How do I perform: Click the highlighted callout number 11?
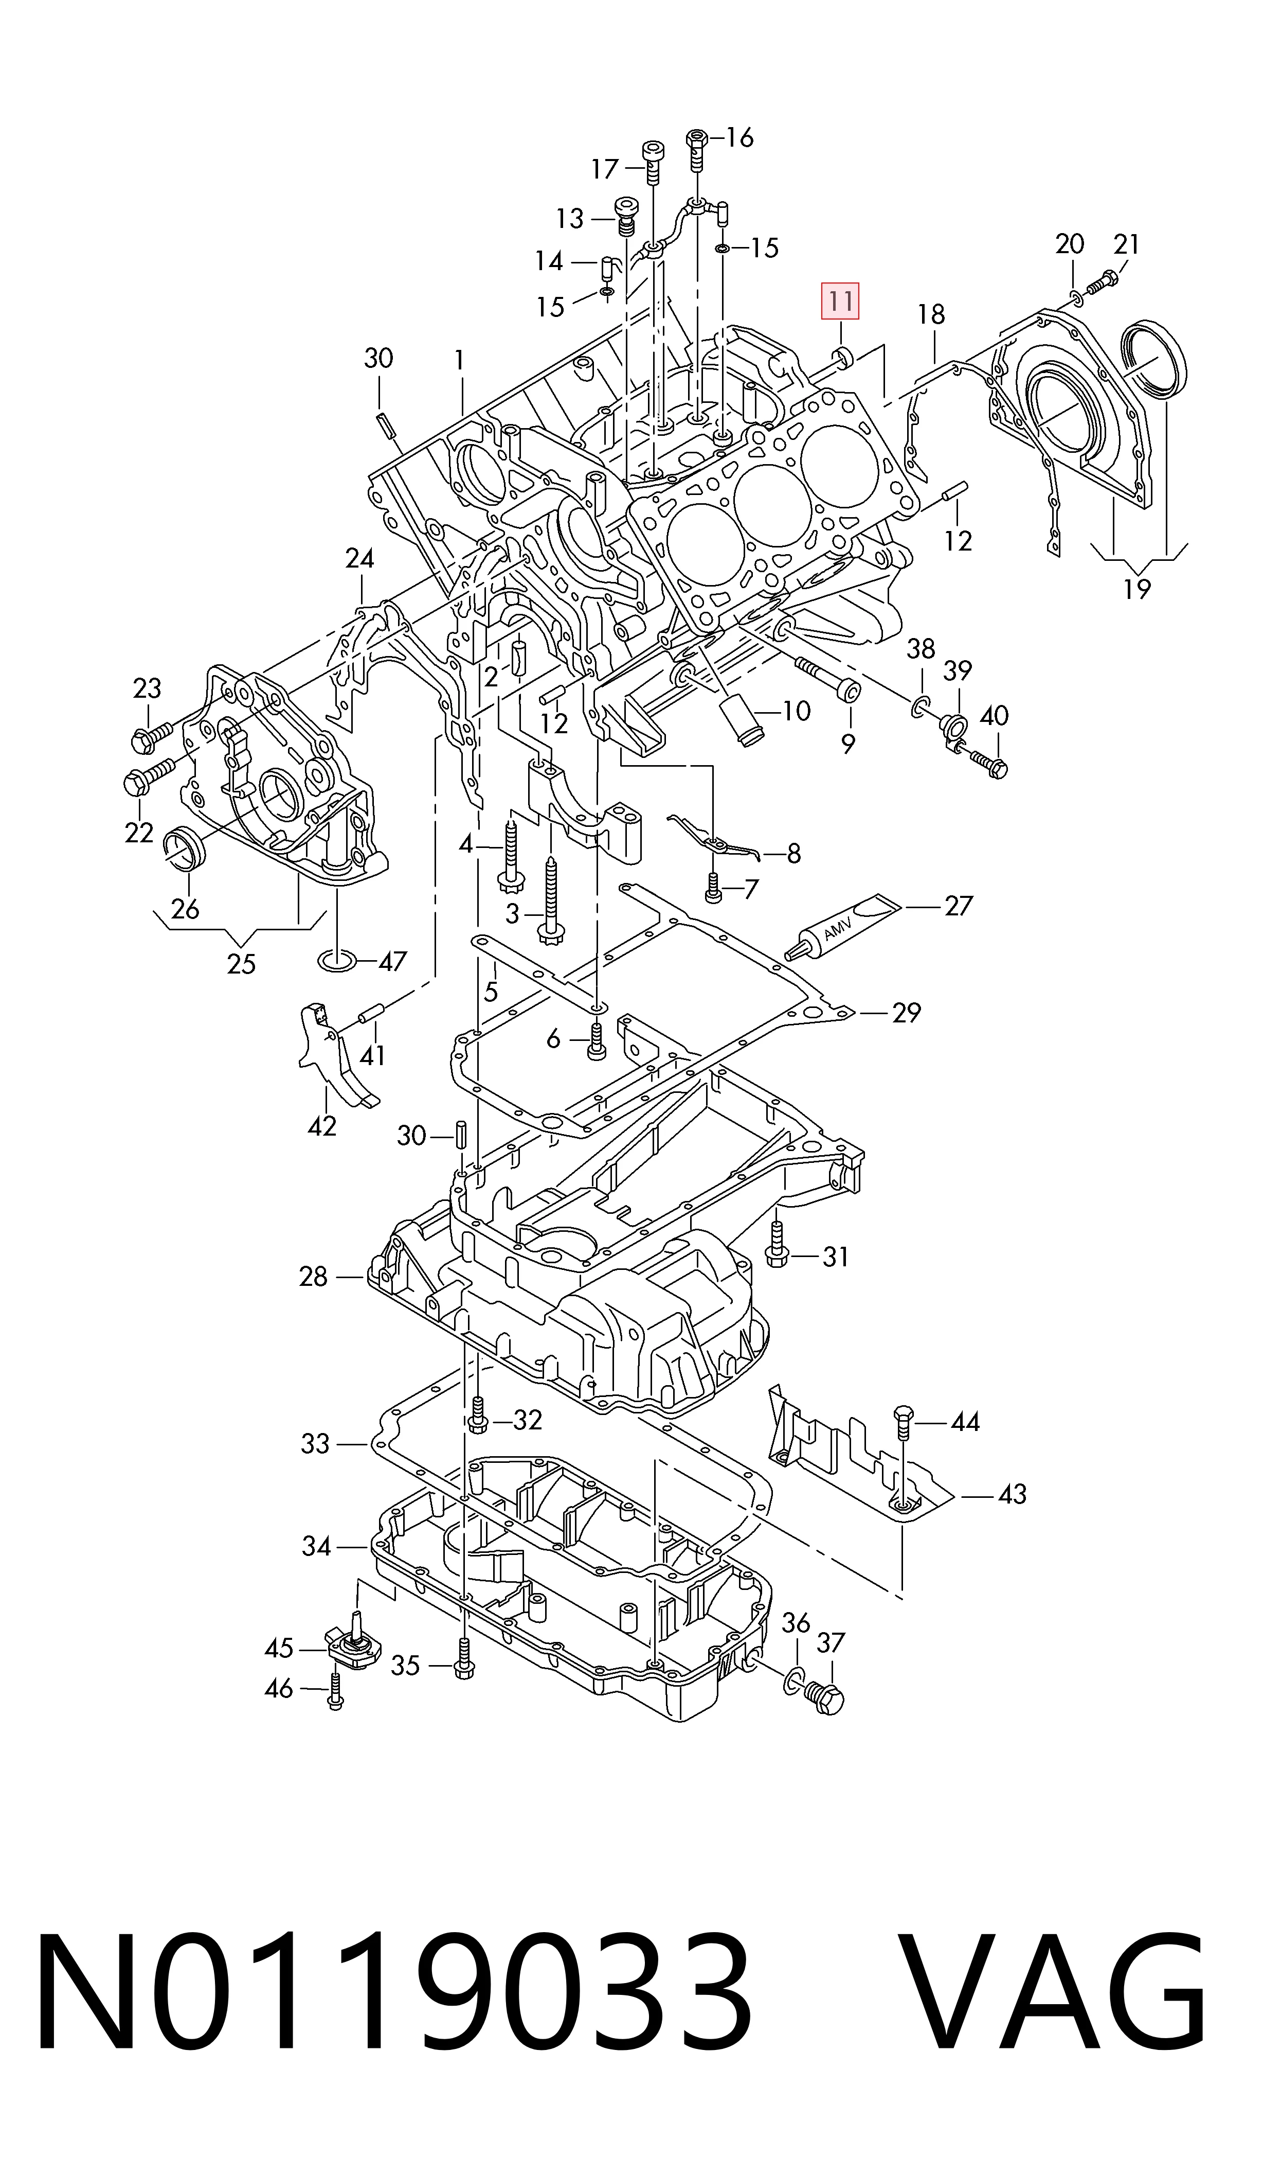point(840,302)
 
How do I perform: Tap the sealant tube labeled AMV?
point(842,927)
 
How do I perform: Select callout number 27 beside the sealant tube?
point(958,906)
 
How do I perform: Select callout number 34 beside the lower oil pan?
point(316,1546)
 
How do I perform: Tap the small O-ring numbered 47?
point(337,960)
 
